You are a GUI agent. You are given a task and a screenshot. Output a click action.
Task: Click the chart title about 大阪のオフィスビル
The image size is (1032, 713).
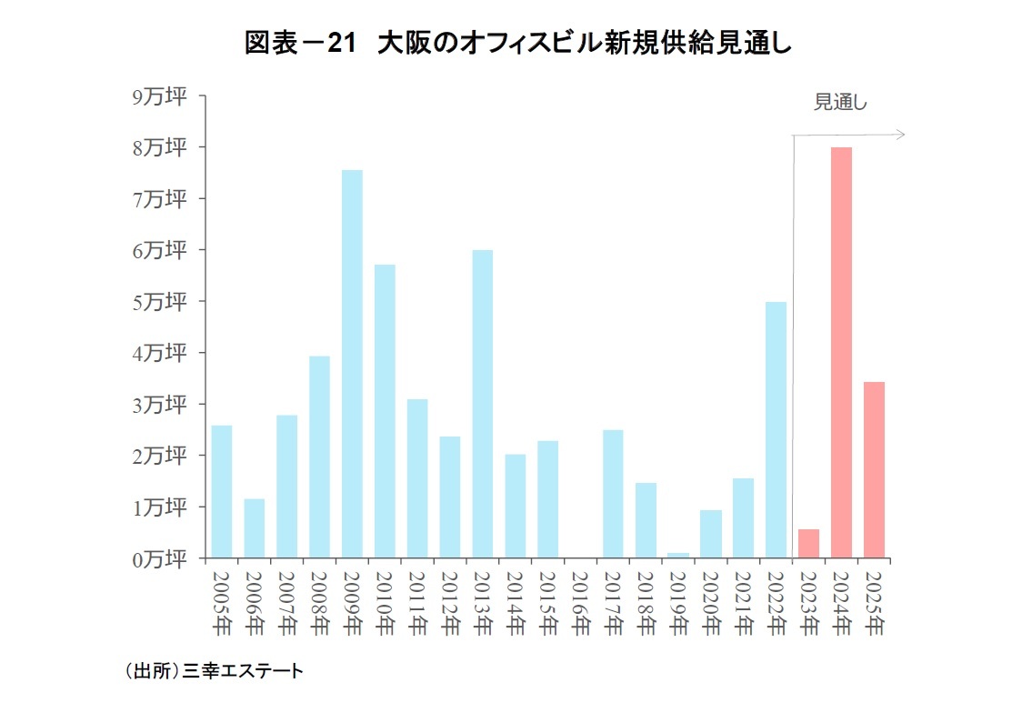click(x=516, y=44)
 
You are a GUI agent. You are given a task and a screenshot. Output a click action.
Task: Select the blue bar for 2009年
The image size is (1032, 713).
click(x=352, y=364)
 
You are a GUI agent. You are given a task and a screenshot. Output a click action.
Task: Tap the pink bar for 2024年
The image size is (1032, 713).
click(x=841, y=353)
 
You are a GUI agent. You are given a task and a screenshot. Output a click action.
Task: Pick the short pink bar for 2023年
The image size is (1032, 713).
click(x=808, y=544)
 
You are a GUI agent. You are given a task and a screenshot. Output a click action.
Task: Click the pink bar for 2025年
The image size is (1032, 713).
click(x=874, y=469)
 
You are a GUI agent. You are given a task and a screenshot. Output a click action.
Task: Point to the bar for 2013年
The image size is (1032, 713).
click(x=482, y=404)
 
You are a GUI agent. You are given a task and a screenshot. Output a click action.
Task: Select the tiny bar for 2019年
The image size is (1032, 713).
click(x=678, y=555)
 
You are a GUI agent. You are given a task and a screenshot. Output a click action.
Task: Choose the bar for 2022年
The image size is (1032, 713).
click(x=776, y=429)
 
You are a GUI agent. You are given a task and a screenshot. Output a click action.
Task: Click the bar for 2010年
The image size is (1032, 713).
click(x=385, y=411)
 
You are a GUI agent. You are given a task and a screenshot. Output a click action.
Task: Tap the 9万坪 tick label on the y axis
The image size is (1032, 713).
click(x=160, y=96)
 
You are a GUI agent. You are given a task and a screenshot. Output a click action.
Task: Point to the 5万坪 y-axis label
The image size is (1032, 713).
click(x=160, y=302)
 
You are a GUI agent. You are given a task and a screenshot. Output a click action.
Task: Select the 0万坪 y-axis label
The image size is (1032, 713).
click(x=160, y=558)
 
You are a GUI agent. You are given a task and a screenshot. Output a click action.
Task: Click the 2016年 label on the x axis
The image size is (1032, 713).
click(x=580, y=601)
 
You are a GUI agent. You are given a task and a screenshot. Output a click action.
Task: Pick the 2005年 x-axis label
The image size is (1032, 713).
click(x=222, y=601)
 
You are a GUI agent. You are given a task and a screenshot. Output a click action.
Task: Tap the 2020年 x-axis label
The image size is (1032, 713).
click(x=710, y=601)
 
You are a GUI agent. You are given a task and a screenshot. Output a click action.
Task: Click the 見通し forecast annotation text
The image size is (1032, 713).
click(x=840, y=103)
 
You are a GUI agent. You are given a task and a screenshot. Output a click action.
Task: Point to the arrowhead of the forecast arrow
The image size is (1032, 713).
click(x=901, y=135)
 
